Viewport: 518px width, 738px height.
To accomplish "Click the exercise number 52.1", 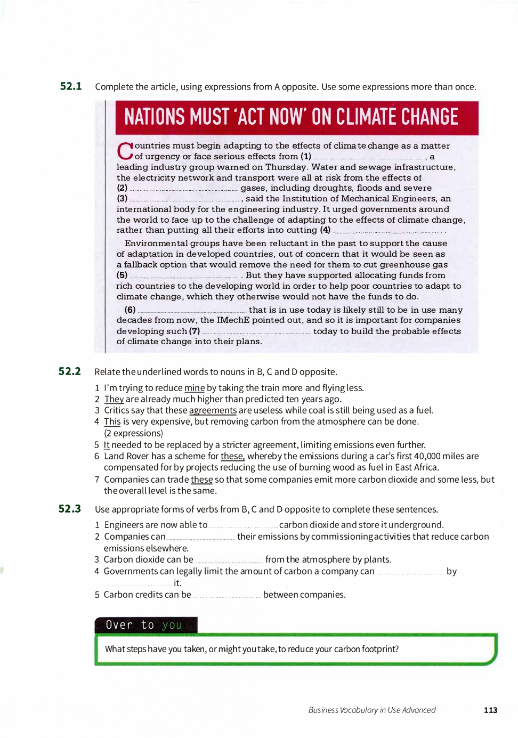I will pyautogui.click(x=71, y=86).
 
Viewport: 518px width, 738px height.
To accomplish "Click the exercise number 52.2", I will pyautogui.click(x=70, y=371).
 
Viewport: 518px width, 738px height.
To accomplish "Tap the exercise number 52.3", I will pyautogui.click(x=70, y=509).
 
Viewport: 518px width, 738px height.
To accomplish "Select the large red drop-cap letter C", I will pyautogui.click(x=125, y=151).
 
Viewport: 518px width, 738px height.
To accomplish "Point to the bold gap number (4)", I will pyautogui.click(x=325, y=230).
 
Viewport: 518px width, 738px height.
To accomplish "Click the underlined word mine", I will pyautogui.click(x=195, y=388).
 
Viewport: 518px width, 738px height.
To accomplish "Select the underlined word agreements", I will pyautogui.click(x=213, y=410).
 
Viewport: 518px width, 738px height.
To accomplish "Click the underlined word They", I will pyautogui.click(x=114, y=399).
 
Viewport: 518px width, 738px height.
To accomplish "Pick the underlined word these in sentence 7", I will pyautogui.click(x=201, y=480).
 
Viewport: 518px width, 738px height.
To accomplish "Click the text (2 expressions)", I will pyautogui.click(x=133, y=433).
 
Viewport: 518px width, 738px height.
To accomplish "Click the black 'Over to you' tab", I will pyautogui.click(x=145, y=625).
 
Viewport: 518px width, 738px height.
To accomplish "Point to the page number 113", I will pyautogui.click(x=490, y=710).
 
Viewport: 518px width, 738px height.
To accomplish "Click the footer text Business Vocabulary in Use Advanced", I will pyautogui.click(x=372, y=710).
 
